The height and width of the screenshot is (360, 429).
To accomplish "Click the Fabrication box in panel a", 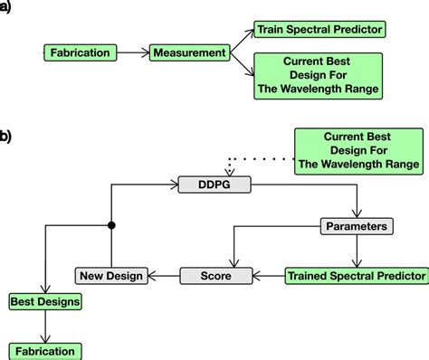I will coord(81,53).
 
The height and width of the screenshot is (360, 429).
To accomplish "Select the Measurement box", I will coord(189,53).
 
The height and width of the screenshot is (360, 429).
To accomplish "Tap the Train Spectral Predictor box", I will coord(319,30).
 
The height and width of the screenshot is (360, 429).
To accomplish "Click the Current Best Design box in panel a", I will coord(319,76).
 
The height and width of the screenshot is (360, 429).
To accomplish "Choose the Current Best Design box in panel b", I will coord(359,150).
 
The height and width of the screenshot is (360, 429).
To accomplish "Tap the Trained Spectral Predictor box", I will coord(356,274).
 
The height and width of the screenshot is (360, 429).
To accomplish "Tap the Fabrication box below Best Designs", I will coord(44,350).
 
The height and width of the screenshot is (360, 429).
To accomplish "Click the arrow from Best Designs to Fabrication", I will coord(44,325).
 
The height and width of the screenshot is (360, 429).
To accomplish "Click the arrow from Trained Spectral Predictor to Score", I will coord(268,274).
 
